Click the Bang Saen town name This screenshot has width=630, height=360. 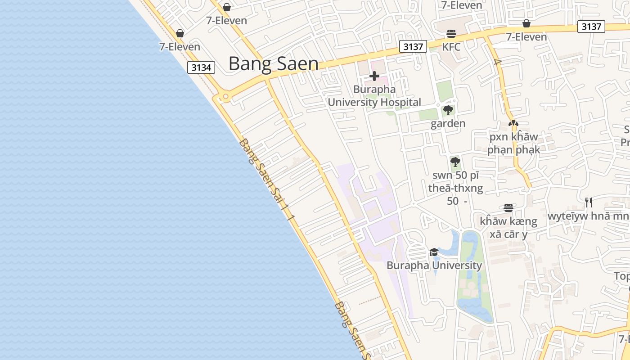(273, 64)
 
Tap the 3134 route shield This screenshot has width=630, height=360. (201, 67)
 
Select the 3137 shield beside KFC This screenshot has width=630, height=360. (413, 46)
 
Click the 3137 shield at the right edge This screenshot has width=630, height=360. (591, 27)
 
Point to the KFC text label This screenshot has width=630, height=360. (451, 47)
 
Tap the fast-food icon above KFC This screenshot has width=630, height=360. (451, 34)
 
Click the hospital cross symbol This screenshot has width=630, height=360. (374, 76)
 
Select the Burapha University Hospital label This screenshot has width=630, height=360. (374, 96)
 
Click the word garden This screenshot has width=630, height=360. (448, 123)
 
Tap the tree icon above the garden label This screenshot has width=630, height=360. (448, 110)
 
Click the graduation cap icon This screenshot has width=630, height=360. (434, 252)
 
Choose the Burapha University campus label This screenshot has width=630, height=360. (434, 265)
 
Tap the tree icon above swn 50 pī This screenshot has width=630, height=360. (455, 162)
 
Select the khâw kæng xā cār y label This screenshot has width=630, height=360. (508, 227)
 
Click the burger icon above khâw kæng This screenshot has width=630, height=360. (508, 208)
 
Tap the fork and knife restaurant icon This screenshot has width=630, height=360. (588, 202)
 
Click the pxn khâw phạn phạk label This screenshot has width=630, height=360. (513, 143)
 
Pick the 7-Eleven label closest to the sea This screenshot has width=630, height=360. (180, 46)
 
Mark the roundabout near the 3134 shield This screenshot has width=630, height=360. (225, 96)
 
